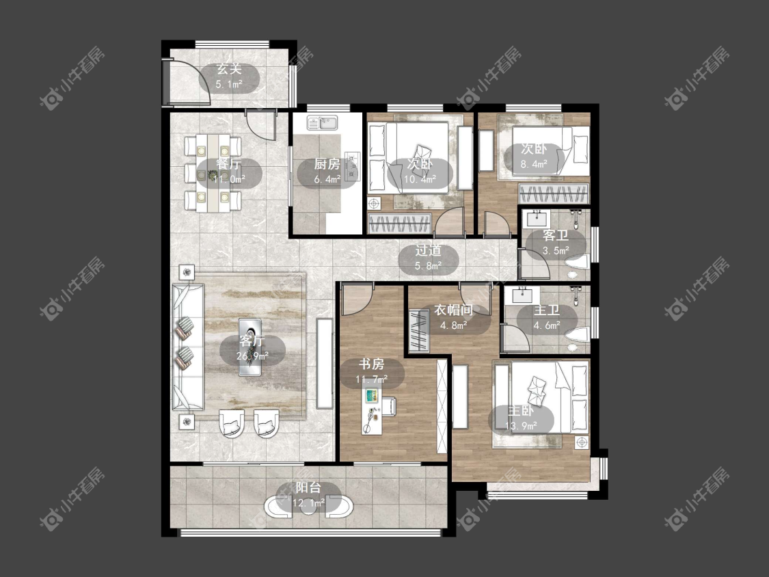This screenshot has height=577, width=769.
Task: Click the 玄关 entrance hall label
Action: (229, 69)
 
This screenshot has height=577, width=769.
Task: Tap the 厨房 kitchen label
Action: (327, 164)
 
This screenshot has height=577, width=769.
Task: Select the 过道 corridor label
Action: (428, 250)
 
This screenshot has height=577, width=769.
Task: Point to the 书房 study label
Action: (371, 364)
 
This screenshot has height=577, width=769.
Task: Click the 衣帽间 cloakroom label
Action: (453, 310)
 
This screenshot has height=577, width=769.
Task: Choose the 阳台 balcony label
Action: (308, 487)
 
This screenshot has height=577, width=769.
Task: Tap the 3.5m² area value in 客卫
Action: (556, 251)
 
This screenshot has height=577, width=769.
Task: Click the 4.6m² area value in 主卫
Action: (547, 325)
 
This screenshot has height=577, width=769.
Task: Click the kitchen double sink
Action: (322, 122)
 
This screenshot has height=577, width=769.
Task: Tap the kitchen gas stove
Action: (352, 165)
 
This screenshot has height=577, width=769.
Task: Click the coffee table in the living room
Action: (250, 347)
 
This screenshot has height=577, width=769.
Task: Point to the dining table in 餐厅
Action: (213, 173)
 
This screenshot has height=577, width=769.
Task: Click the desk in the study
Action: (372, 410)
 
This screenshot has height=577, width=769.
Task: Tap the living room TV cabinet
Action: (324, 364)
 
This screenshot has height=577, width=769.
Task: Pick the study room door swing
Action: (357, 299)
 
